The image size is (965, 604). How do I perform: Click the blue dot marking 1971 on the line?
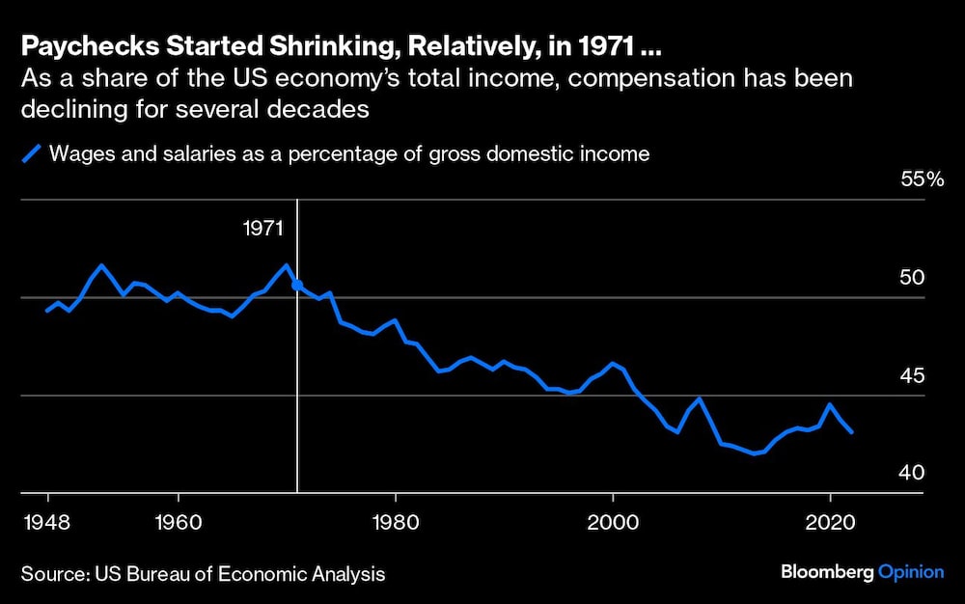click(x=297, y=286)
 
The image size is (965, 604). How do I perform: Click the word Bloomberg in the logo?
click(x=826, y=572)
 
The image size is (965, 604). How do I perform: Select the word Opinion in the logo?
click(x=911, y=572)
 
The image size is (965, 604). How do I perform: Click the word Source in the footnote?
click(x=50, y=574)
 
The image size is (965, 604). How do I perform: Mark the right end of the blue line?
click(x=851, y=432)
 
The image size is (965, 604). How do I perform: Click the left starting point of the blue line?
click(x=47, y=311)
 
